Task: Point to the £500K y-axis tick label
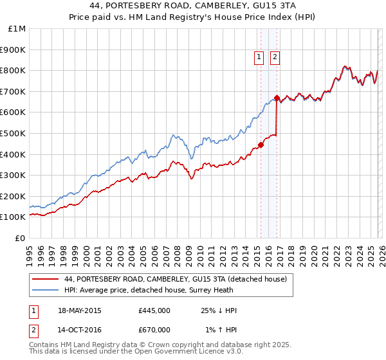(14, 133)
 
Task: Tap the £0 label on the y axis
(21, 238)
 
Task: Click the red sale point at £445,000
(261, 145)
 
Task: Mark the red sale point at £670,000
(277, 98)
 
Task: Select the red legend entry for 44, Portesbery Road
(179, 279)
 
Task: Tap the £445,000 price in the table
(154, 311)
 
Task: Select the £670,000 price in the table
(154, 330)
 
